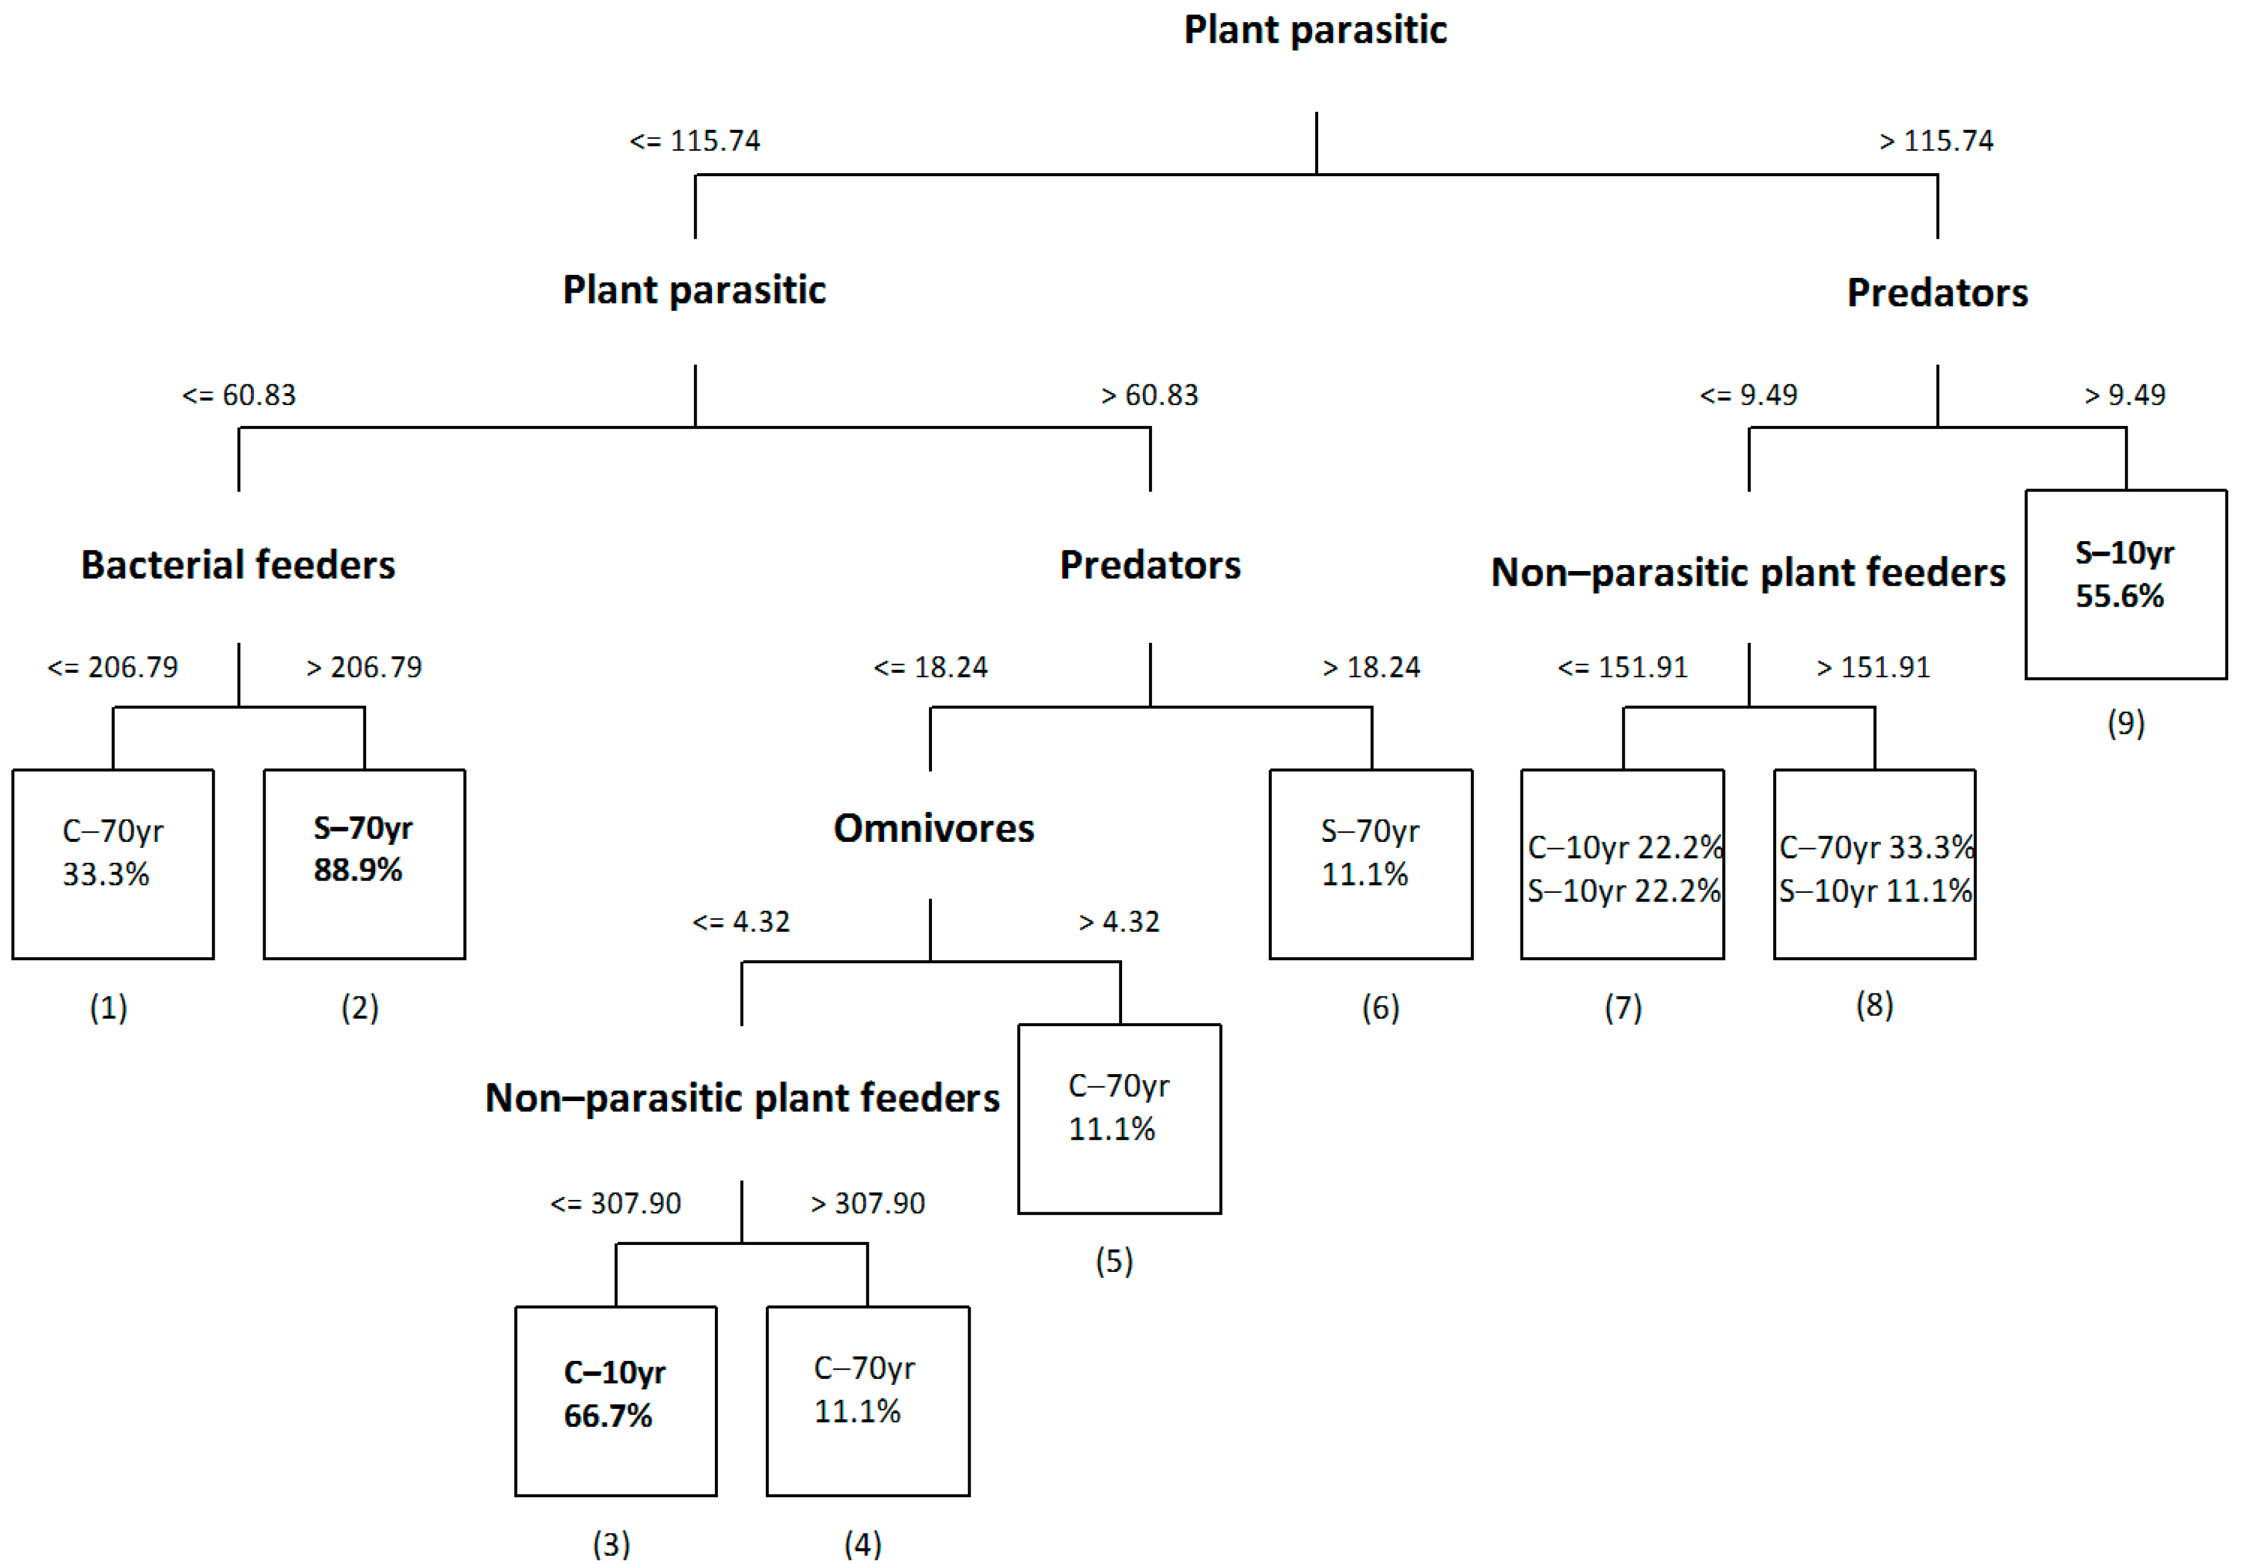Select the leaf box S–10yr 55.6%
click(x=2126, y=584)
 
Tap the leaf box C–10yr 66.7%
click(x=615, y=1400)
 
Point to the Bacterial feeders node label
click(x=238, y=565)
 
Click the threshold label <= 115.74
click(x=694, y=140)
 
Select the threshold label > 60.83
click(x=1149, y=395)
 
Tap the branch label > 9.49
click(x=2125, y=395)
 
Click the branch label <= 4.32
click(x=741, y=921)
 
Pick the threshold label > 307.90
click(x=868, y=1203)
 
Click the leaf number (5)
click(x=1114, y=1260)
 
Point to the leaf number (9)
click(x=2126, y=723)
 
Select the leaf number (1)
click(x=108, y=1007)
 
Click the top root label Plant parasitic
click(x=1315, y=29)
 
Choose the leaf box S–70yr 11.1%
click(x=1371, y=864)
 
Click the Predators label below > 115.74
click(x=1936, y=292)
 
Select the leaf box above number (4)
click(x=868, y=1400)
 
